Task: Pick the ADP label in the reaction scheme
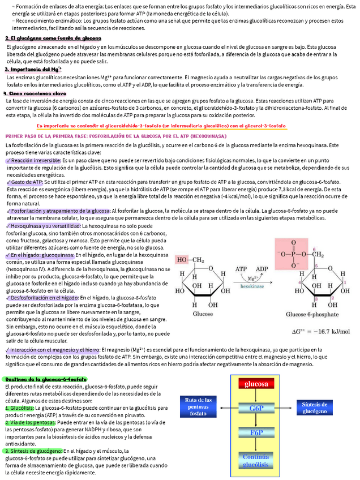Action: coord(262,269)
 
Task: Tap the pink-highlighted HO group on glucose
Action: coord(190,260)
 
